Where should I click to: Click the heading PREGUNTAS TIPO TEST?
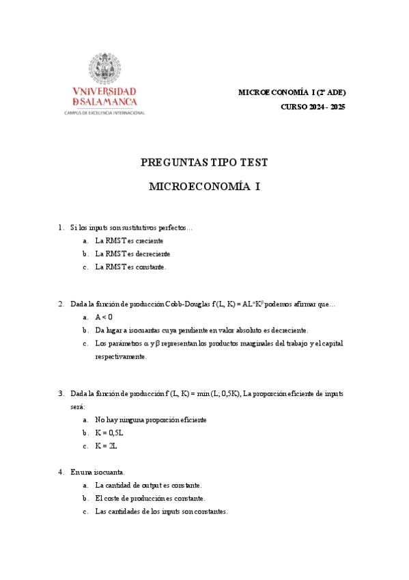pos(204,163)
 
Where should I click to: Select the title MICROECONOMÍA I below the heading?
pos(204,186)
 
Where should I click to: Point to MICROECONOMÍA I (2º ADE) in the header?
pos(292,92)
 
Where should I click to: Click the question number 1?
pos(61,227)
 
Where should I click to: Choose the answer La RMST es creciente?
pos(129,241)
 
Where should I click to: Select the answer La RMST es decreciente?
pos(132,254)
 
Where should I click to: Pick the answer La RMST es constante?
pos(130,267)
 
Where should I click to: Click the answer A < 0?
pos(104,317)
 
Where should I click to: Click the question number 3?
pos(61,393)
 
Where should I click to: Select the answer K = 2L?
pos(107,446)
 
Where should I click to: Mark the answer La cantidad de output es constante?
pos(148,485)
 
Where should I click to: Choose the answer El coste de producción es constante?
pos(150,499)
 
